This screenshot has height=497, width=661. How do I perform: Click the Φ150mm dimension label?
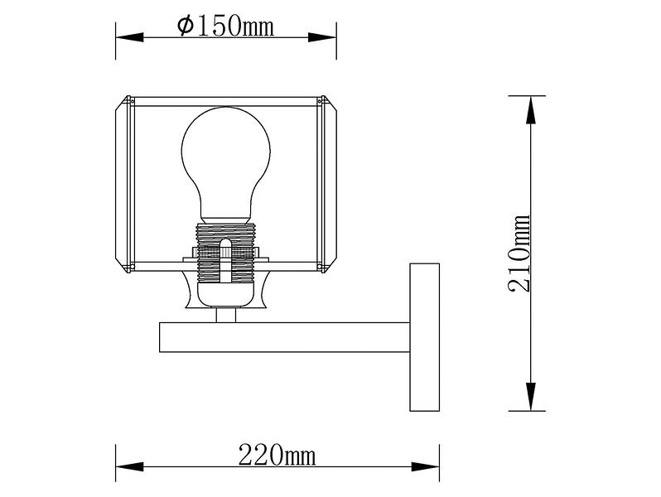[225, 27]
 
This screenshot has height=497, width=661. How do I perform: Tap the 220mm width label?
[277, 456]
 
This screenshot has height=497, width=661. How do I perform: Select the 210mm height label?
[519, 253]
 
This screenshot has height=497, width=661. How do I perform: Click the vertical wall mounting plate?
[425, 337]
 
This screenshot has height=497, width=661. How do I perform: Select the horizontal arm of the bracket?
[285, 337]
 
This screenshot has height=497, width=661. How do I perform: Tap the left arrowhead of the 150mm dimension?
[130, 37]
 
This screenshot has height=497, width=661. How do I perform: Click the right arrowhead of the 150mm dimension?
[322, 37]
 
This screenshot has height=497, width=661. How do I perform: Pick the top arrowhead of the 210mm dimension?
[531, 110]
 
